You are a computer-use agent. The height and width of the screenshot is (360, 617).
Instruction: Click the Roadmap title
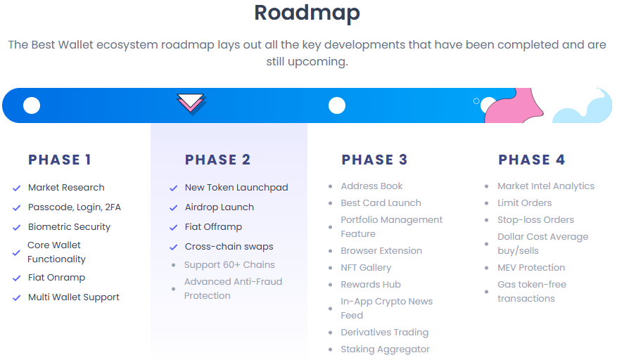[x=307, y=13]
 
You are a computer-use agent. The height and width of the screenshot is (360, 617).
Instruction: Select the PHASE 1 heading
[x=60, y=160]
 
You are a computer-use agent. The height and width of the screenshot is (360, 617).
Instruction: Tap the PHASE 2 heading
[x=217, y=160]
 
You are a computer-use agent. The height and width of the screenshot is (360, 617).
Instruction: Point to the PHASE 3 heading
[x=374, y=160]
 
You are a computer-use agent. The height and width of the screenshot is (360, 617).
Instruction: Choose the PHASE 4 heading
[x=531, y=160]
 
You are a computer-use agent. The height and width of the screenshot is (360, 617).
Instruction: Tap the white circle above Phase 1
[x=32, y=105]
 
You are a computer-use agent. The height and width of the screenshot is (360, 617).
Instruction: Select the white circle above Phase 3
[x=337, y=105]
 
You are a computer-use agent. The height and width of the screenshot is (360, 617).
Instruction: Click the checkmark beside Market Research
[x=16, y=188]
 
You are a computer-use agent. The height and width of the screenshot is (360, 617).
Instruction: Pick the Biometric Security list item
[x=69, y=226]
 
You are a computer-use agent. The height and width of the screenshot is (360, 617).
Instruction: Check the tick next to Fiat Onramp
[x=16, y=278]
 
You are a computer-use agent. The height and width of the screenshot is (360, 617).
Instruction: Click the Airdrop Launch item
[x=219, y=207]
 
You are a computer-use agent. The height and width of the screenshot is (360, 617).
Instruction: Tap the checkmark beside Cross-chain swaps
[x=173, y=247]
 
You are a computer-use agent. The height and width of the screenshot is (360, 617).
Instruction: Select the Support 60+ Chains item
[x=229, y=264]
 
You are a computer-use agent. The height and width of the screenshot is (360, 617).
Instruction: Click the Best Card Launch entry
[x=381, y=202]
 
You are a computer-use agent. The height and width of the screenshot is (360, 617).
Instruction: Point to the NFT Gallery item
[x=366, y=267]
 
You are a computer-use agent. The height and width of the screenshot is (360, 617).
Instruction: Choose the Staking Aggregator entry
[x=385, y=349]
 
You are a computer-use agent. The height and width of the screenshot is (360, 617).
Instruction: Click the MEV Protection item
[x=531, y=267]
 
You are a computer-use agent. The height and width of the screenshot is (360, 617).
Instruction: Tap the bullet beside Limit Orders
[x=486, y=203]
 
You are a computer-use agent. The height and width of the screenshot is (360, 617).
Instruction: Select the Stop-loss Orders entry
[x=535, y=219]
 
